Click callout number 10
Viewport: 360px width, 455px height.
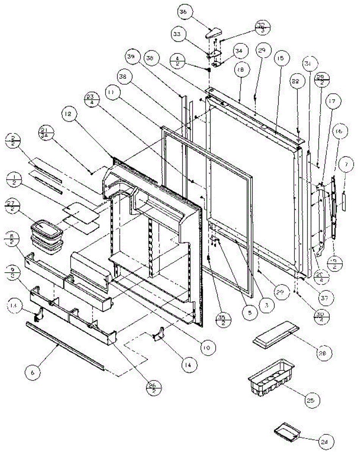[209, 347]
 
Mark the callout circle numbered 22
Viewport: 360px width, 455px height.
[296, 82]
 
